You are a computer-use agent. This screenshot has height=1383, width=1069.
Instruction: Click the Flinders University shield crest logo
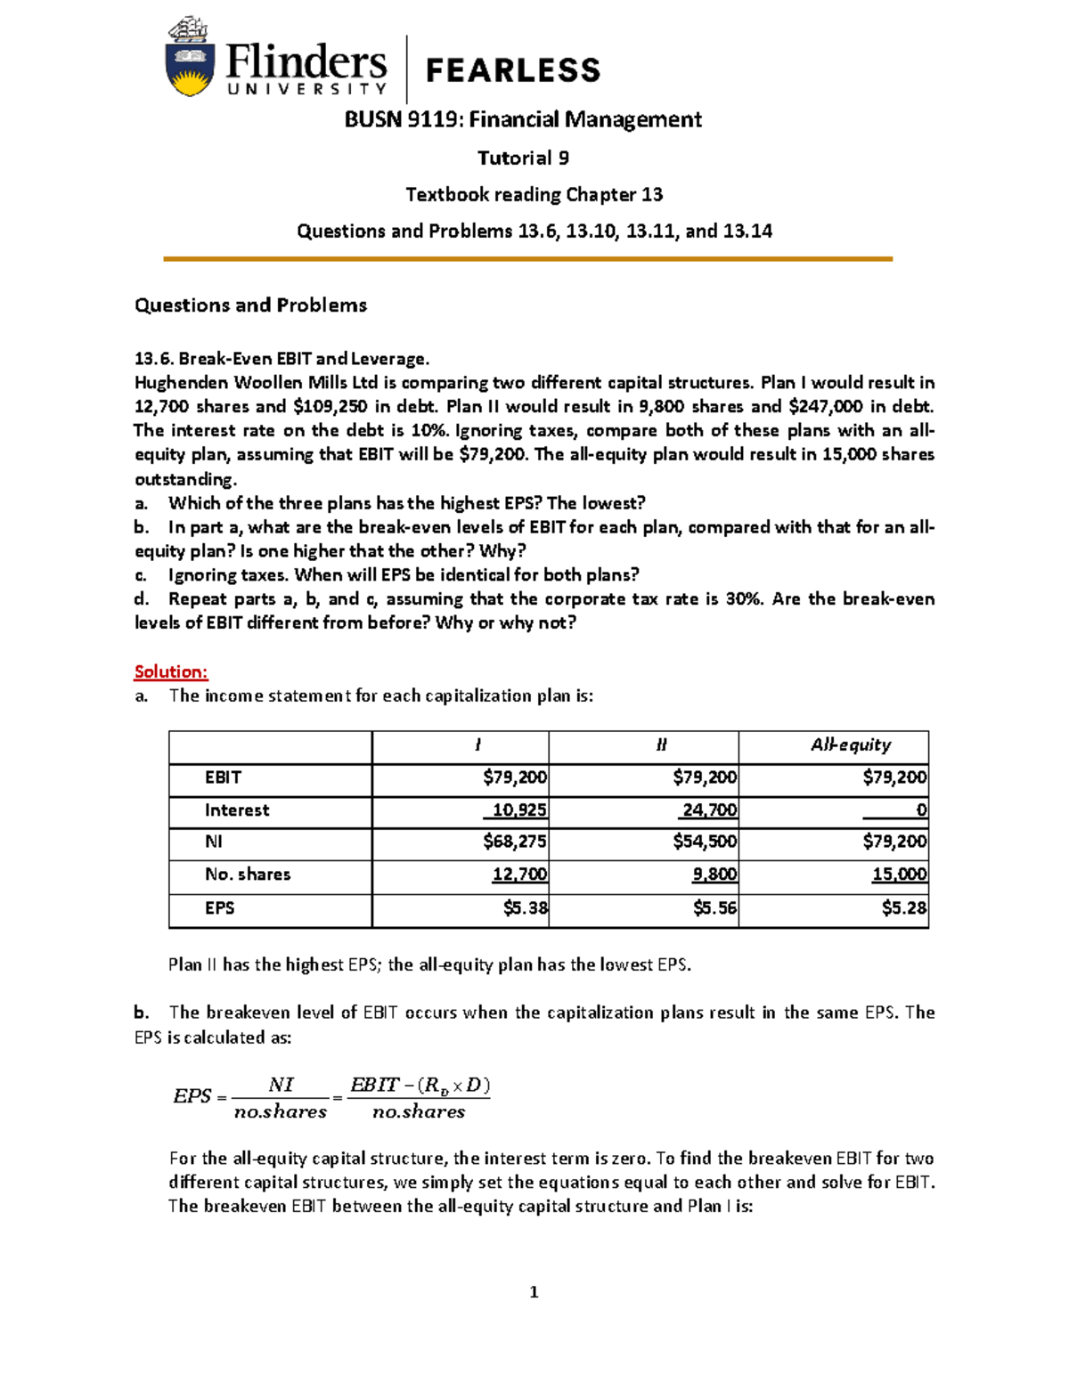(189, 58)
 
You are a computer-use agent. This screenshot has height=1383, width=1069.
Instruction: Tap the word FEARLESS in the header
(513, 70)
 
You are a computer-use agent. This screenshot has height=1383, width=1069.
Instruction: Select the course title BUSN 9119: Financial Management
(523, 119)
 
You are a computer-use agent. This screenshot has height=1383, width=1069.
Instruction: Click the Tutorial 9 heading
(523, 159)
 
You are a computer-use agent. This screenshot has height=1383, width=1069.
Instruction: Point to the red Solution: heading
(171, 671)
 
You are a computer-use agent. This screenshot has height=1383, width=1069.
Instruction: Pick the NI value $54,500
(705, 842)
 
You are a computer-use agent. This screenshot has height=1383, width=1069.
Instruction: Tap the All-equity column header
(850, 744)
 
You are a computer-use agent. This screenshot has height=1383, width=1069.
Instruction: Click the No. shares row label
(248, 875)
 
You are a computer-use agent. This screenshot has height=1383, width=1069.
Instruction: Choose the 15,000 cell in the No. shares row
(899, 875)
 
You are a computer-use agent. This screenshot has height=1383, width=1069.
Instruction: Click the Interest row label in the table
(237, 810)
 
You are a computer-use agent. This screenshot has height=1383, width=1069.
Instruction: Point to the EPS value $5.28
(903, 908)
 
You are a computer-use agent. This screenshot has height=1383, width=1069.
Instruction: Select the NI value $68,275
(515, 842)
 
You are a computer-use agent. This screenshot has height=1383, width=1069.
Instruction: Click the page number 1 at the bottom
(534, 1292)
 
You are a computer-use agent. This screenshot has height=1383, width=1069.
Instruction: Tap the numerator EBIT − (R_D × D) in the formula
(420, 1085)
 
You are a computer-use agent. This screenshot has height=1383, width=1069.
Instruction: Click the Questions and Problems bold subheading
(250, 305)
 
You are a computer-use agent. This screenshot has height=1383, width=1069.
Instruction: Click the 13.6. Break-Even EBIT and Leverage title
(282, 359)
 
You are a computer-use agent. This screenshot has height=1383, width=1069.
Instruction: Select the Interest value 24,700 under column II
(709, 810)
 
